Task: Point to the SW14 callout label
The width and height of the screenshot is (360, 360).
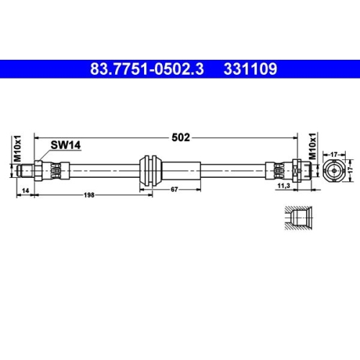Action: point(64,145)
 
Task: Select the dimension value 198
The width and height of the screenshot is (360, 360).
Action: point(89,195)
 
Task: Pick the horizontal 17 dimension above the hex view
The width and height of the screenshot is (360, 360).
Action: point(335,153)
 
